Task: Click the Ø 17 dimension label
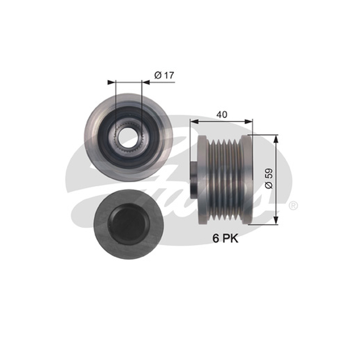164,75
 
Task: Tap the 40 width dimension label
222,114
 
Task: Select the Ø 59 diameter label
269,179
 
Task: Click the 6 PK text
225,238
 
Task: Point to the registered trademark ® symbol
293,206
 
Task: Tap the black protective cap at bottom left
128,224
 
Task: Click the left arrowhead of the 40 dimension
194,121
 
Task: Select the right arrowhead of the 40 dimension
249,121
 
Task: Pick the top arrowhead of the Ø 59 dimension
276,139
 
